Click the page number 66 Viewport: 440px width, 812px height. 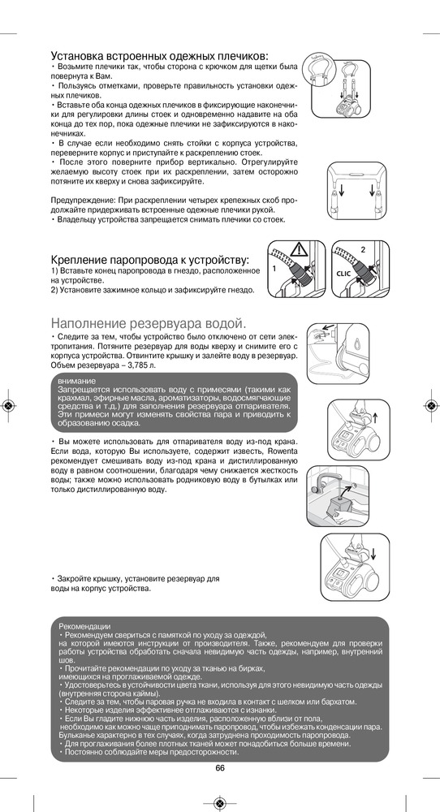tap(220, 767)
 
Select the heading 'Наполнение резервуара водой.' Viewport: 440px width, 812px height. tap(147, 324)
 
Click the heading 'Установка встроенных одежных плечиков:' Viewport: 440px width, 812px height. tap(159, 56)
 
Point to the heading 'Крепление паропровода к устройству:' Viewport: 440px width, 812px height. tap(150, 260)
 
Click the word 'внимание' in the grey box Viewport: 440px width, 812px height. tap(74, 382)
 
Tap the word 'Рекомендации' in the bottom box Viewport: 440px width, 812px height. tap(85, 626)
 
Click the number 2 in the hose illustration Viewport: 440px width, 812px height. tap(363, 249)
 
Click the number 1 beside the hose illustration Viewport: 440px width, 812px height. tap(274, 269)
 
